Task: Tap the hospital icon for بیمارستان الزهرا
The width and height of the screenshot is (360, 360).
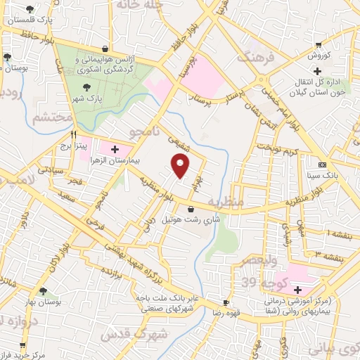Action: click(115, 149)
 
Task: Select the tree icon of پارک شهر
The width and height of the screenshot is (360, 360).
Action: click(86, 87)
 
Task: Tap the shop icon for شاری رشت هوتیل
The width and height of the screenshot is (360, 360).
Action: click(191, 209)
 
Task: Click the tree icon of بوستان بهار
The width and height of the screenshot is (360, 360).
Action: click(44, 291)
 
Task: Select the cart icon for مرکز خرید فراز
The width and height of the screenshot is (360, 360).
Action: click(23, 346)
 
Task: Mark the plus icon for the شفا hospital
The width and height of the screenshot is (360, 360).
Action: click(297, 290)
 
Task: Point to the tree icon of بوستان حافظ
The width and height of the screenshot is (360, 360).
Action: click(7, 57)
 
